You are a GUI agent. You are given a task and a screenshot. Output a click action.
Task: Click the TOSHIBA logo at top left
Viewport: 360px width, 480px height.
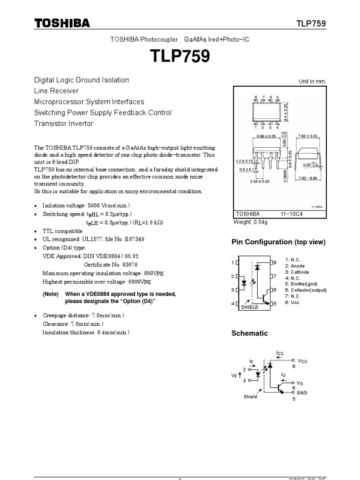(61, 23)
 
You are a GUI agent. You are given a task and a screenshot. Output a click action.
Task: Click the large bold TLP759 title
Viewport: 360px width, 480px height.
(180, 57)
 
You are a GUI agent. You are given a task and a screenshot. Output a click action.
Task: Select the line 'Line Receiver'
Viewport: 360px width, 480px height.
(56, 91)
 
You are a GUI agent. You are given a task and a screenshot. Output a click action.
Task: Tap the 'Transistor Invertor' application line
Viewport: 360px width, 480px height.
(64, 124)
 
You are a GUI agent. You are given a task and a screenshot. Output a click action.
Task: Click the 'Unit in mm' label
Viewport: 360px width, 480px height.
(312, 82)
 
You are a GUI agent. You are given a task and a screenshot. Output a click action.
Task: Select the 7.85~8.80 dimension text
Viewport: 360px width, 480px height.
(309, 178)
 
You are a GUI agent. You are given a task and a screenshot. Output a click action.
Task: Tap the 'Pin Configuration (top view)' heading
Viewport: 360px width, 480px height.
(278, 242)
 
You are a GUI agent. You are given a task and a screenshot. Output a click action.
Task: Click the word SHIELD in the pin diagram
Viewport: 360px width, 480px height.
(249, 307)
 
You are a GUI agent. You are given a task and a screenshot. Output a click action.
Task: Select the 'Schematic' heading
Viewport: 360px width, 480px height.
(250, 333)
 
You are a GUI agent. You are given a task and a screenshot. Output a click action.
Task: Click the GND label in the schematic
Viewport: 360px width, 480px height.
(302, 393)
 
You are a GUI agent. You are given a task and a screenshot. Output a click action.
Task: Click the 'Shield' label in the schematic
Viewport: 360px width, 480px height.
(250, 397)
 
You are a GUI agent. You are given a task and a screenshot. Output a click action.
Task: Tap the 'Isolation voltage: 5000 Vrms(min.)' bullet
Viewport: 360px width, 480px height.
(86, 205)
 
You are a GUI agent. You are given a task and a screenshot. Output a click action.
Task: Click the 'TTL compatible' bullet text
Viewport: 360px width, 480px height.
(62, 231)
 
